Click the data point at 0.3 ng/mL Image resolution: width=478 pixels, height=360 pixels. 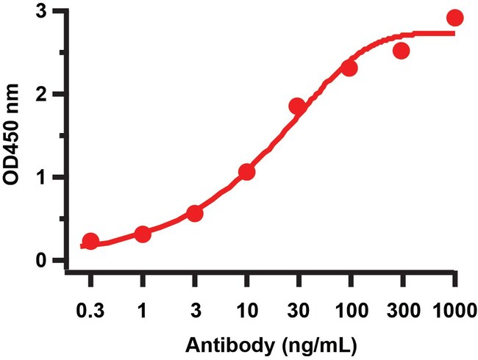click(90, 241)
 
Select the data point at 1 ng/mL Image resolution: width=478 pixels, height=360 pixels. click(143, 234)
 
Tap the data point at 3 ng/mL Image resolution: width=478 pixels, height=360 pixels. click(195, 213)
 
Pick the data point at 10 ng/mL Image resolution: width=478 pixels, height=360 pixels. click(247, 172)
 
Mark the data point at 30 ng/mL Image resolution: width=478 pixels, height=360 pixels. click(297, 107)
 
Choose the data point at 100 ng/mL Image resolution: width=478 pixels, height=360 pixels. click(349, 68)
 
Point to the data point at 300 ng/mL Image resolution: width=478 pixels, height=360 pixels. click(402, 51)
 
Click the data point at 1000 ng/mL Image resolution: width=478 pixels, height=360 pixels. click(455, 18)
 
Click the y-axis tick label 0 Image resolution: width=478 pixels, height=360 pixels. click(46, 260)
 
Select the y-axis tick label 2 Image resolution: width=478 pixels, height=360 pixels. click(46, 94)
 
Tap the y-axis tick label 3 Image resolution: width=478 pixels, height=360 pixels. click(46, 11)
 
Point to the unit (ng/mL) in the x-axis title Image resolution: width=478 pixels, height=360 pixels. click(292, 343)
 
